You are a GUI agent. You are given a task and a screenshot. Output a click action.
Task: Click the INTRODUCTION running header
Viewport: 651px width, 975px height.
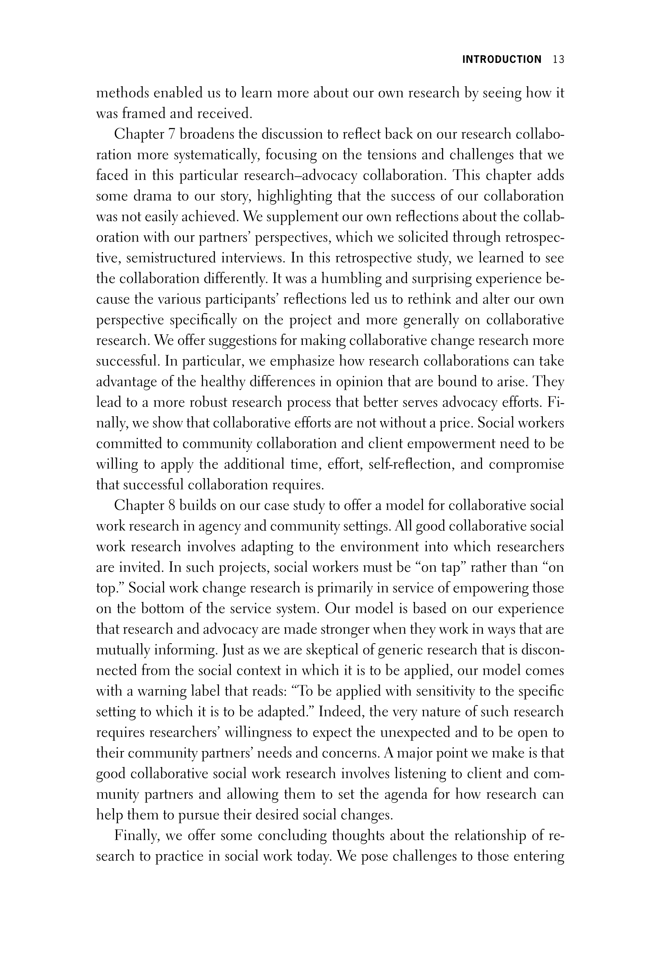pos(502,60)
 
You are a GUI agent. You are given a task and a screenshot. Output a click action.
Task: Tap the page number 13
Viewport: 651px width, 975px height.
pos(558,60)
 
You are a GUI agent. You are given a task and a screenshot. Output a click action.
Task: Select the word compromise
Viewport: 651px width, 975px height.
pos(526,464)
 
